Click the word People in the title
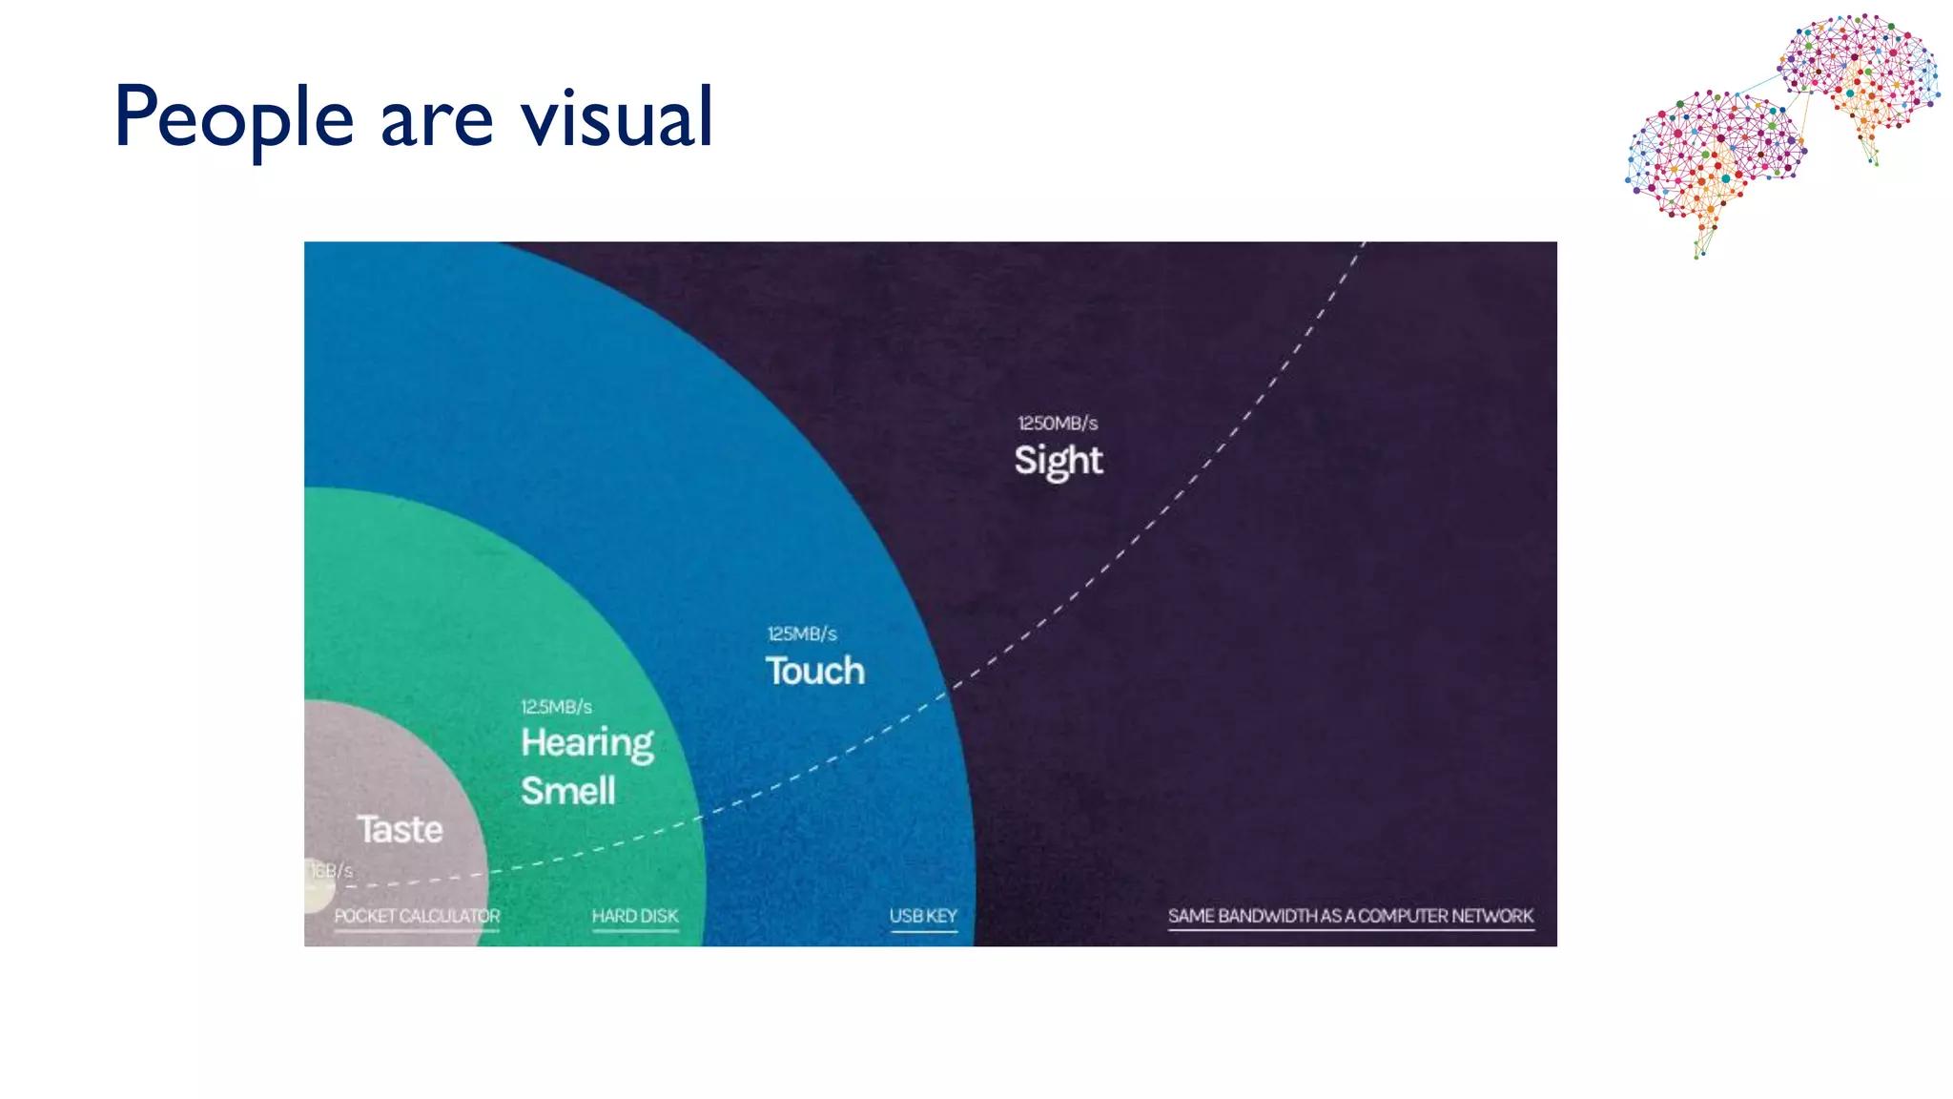point(234,118)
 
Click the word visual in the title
point(617,118)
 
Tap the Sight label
point(1058,461)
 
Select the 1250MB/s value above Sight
point(1058,423)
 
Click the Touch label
point(814,671)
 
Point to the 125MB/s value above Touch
point(802,633)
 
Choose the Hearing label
point(586,743)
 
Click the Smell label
point(568,791)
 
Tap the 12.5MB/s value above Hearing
point(556,707)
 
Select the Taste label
point(400,829)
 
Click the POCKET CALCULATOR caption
point(417,916)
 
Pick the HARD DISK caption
point(635,916)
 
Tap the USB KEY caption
point(923,916)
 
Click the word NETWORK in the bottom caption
point(1492,916)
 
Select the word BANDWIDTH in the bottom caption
point(1267,916)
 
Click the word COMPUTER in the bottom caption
point(1403,916)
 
